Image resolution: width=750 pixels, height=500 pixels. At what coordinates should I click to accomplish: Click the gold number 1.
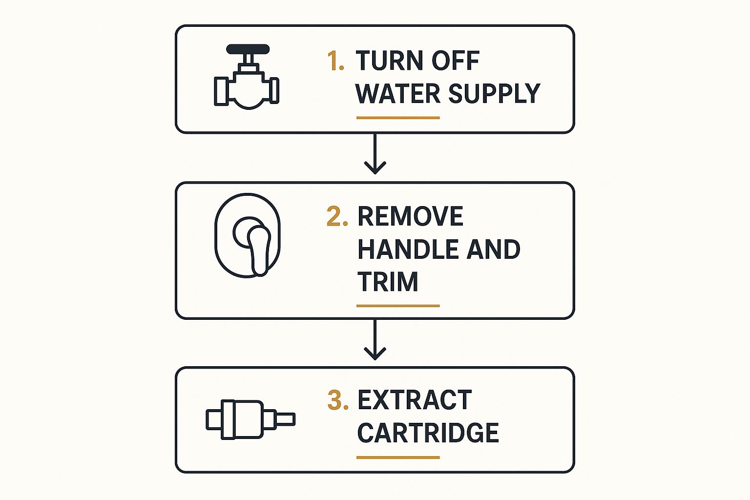pyautogui.click(x=335, y=61)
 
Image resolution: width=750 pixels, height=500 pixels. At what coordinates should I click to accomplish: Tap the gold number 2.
pyautogui.click(x=337, y=216)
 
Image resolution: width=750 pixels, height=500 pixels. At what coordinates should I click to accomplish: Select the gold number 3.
pyautogui.click(x=338, y=400)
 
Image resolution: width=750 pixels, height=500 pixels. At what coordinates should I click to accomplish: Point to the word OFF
pyautogui.click(x=456, y=61)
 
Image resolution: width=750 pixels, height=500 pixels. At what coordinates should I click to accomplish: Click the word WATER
pyautogui.click(x=398, y=93)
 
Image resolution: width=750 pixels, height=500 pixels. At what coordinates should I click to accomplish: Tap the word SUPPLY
pyautogui.click(x=494, y=93)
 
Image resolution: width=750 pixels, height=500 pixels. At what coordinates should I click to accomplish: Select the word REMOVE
pyautogui.click(x=411, y=216)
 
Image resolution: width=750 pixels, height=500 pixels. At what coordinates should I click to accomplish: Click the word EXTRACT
pyautogui.click(x=415, y=400)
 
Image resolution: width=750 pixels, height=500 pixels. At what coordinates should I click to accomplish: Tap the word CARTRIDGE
pyautogui.click(x=428, y=433)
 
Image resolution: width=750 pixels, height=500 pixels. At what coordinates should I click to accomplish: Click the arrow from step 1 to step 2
pyautogui.click(x=375, y=154)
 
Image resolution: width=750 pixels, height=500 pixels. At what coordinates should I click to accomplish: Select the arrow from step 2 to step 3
pyautogui.click(x=375, y=339)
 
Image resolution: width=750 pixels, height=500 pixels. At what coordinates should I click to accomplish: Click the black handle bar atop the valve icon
pyautogui.click(x=248, y=49)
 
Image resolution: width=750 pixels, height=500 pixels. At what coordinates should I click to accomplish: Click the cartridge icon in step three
pyautogui.click(x=250, y=419)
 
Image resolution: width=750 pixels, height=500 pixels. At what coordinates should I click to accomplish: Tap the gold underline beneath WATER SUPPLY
pyautogui.click(x=398, y=118)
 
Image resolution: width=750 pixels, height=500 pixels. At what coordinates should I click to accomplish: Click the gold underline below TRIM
pyautogui.click(x=398, y=306)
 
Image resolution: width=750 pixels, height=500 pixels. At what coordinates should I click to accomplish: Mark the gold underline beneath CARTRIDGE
pyautogui.click(x=398, y=458)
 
